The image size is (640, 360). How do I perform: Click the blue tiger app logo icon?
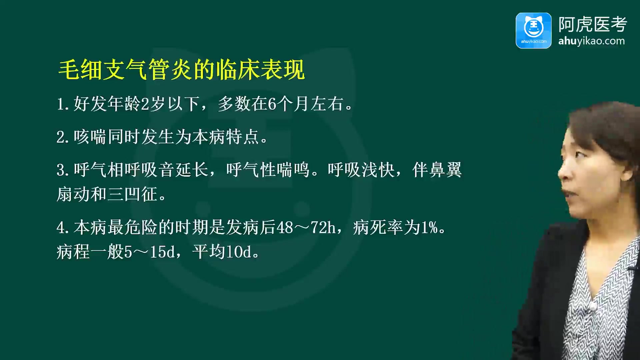[533, 31]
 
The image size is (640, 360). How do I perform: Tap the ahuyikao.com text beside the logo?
[591, 41]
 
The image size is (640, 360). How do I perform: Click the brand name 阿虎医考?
[593, 24]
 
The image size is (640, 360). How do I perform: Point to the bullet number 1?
[62, 104]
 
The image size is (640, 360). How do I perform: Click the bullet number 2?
[62, 137]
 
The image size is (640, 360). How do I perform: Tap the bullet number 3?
[62, 170]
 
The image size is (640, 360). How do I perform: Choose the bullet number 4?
[62, 228]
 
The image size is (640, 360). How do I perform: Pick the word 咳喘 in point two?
[90, 137]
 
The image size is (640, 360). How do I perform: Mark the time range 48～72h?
[306, 228]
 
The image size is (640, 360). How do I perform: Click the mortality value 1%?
[429, 228]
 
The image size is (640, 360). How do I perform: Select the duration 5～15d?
[149, 252]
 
